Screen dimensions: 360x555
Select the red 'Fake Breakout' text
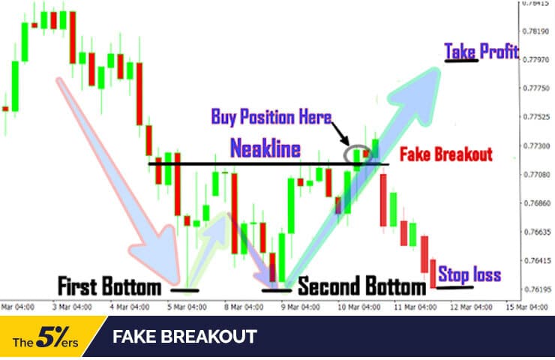pyautogui.click(x=445, y=154)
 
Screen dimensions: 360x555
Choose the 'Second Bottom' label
pyautogui.click(x=361, y=286)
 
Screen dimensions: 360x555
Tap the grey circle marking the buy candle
pyautogui.click(x=357, y=154)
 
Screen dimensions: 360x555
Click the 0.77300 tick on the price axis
pyautogui.click(x=534, y=145)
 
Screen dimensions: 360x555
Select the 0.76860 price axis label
pyautogui.click(x=534, y=203)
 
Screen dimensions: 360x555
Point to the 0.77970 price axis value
pyautogui.click(x=534, y=59)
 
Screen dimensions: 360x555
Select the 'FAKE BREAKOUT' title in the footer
pyautogui.click(x=184, y=337)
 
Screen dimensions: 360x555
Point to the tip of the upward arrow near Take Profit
pyautogui.click(x=439, y=67)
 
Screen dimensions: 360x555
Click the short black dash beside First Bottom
pyautogui.click(x=184, y=289)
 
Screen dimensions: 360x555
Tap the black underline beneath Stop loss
pyautogui.click(x=454, y=286)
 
